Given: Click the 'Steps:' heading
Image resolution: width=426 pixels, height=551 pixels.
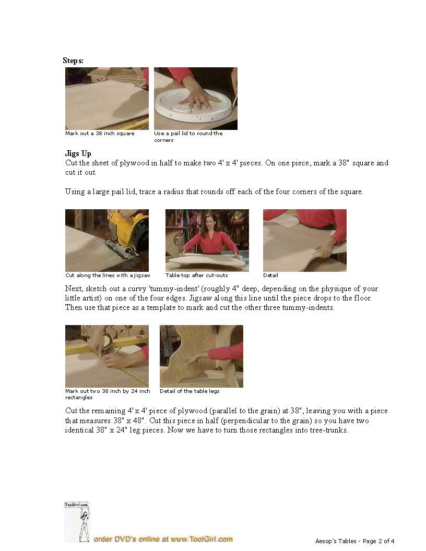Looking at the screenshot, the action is pyautogui.click(x=73, y=61).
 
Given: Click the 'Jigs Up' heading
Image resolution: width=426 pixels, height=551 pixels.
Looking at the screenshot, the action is pyautogui.click(x=78, y=153).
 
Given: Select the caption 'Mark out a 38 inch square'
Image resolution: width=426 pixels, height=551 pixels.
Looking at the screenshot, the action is pyautogui.click(x=100, y=134).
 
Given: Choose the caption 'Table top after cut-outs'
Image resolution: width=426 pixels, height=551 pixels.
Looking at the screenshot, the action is pyautogui.click(x=196, y=275).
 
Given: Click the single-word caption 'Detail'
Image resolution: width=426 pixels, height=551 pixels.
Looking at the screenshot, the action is pyautogui.click(x=270, y=275).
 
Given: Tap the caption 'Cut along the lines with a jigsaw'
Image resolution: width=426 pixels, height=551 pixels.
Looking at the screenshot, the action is pyautogui.click(x=108, y=275).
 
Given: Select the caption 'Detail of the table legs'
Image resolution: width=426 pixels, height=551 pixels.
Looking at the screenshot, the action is pyautogui.click(x=190, y=391).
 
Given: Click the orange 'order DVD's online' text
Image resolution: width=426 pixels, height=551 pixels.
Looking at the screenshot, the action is pyautogui.click(x=163, y=539).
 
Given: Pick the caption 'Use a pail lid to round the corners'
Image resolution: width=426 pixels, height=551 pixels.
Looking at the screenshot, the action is pyautogui.click(x=188, y=137).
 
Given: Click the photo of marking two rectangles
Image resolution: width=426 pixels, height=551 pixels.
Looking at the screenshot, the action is pyautogui.click(x=107, y=356).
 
